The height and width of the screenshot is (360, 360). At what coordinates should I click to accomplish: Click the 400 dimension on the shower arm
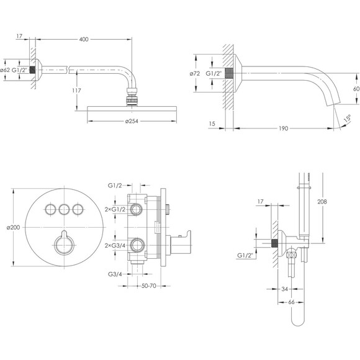click(84, 40)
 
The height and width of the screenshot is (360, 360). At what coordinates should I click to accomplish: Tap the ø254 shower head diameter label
click(132, 121)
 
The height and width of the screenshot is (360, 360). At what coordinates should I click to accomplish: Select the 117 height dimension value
click(76, 91)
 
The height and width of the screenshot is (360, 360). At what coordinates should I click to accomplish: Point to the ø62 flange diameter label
click(5, 70)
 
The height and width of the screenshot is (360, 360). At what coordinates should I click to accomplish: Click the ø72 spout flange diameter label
click(195, 74)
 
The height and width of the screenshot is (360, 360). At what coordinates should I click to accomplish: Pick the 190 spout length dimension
click(283, 128)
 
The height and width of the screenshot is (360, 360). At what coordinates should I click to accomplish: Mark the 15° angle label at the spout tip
click(348, 118)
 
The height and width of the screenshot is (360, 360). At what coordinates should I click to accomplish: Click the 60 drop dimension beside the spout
click(356, 89)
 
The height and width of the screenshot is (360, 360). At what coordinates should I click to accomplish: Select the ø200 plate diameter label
click(13, 227)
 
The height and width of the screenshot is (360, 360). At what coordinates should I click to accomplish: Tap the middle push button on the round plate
click(64, 209)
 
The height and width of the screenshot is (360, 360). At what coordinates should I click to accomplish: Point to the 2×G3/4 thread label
click(115, 245)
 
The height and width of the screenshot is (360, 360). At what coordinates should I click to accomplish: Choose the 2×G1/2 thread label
click(115, 209)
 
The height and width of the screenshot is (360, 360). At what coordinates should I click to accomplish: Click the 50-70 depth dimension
click(149, 286)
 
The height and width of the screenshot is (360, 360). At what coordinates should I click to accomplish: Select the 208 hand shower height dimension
click(322, 202)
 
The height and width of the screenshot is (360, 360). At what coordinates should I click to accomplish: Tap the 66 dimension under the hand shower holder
click(291, 302)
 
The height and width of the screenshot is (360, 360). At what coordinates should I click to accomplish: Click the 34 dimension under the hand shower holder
click(284, 289)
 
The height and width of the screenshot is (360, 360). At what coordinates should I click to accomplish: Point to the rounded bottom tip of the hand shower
click(297, 325)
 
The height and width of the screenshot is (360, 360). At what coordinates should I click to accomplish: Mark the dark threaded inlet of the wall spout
click(229, 73)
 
